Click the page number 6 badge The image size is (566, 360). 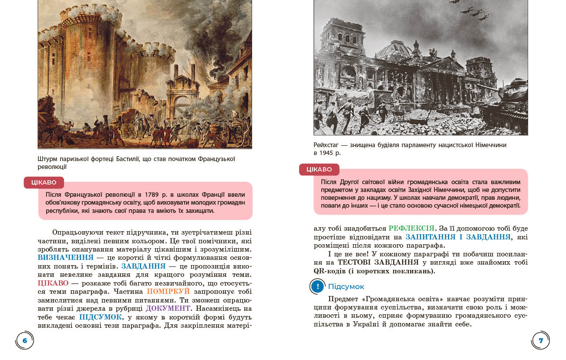(25, 340)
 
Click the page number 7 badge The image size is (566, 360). (541, 340)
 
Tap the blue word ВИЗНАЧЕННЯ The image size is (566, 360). (66, 258)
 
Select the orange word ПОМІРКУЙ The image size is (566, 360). (168, 291)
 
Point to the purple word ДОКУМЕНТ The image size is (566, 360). (168, 308)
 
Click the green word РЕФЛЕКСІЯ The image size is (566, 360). (411, 228)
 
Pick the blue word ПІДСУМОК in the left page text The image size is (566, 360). (101, 317)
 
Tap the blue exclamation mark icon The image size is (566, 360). (318, 286)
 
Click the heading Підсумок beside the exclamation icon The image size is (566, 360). (346, 286)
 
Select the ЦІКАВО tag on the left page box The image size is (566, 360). (44, 182)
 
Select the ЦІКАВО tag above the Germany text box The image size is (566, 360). (319, 169)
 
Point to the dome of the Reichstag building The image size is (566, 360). (393, 50)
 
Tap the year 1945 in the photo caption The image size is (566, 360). (327, 153)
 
